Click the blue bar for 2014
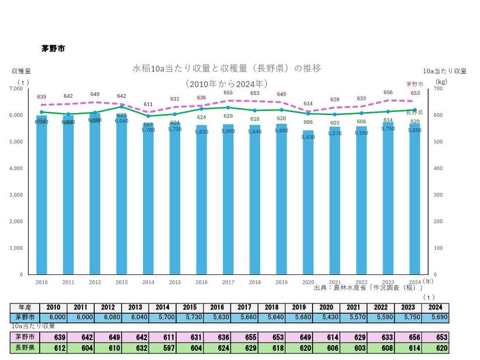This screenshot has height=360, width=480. click(x=149, y=204)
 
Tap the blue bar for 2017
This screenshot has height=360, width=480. click(x=229, y=204)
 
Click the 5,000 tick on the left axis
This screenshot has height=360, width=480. click(x=17, y=142)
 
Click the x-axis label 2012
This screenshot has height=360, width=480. click(x=95, y=282)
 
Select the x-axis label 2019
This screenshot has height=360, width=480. click(x=281, y=282)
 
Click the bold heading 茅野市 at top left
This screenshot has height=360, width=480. click(x=53, y=49)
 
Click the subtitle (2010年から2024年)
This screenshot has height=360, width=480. click(x=227, y=83)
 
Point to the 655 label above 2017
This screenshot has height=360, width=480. click(x=228, y=93)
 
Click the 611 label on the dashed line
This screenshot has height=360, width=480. click(x=148, y=104)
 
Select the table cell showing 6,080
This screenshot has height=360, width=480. click(x=108, y=317)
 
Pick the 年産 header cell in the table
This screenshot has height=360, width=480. click(x=25, y=308)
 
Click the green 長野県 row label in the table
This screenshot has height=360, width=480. click(x=25, y=348)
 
